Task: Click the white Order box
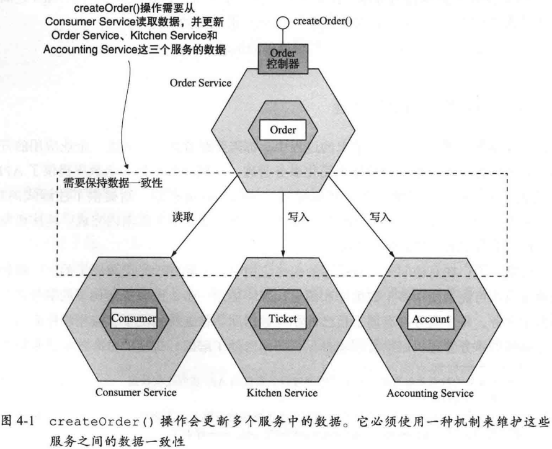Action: pyautogui.click(x=283, y=130)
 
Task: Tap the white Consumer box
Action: pyautogui.click(x=133, y=319)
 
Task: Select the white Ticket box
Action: pyautogui.click(x=283, y=319)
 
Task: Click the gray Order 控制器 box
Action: pyautogui.click(x=283, y=57)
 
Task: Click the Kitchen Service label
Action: pyautogui.click(x=282, y=392)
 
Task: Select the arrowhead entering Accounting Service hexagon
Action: pyautogui.click(x=393, y=253)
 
